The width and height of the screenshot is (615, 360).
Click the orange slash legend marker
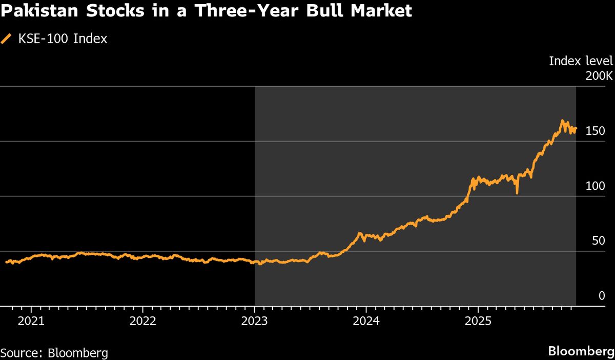(x=7, y=39)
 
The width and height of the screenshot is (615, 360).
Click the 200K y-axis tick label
(x=598, y=76)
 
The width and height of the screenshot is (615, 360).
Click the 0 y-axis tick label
(x=602, y=296)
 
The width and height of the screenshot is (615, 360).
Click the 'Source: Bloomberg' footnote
(x=54, y=353)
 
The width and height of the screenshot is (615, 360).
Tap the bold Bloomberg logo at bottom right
(x=581, y=352)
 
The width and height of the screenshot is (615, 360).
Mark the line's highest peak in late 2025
(x=562, y=121)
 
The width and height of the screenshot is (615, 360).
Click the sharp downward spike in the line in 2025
(x=517, y=193)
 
